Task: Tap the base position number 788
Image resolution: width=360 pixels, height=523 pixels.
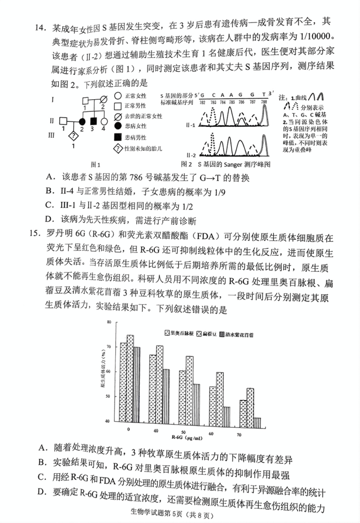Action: pyautogui.click(x=264, y=102)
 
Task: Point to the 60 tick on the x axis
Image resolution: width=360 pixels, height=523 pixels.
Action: pyautogui.click(x=211, y=433)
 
